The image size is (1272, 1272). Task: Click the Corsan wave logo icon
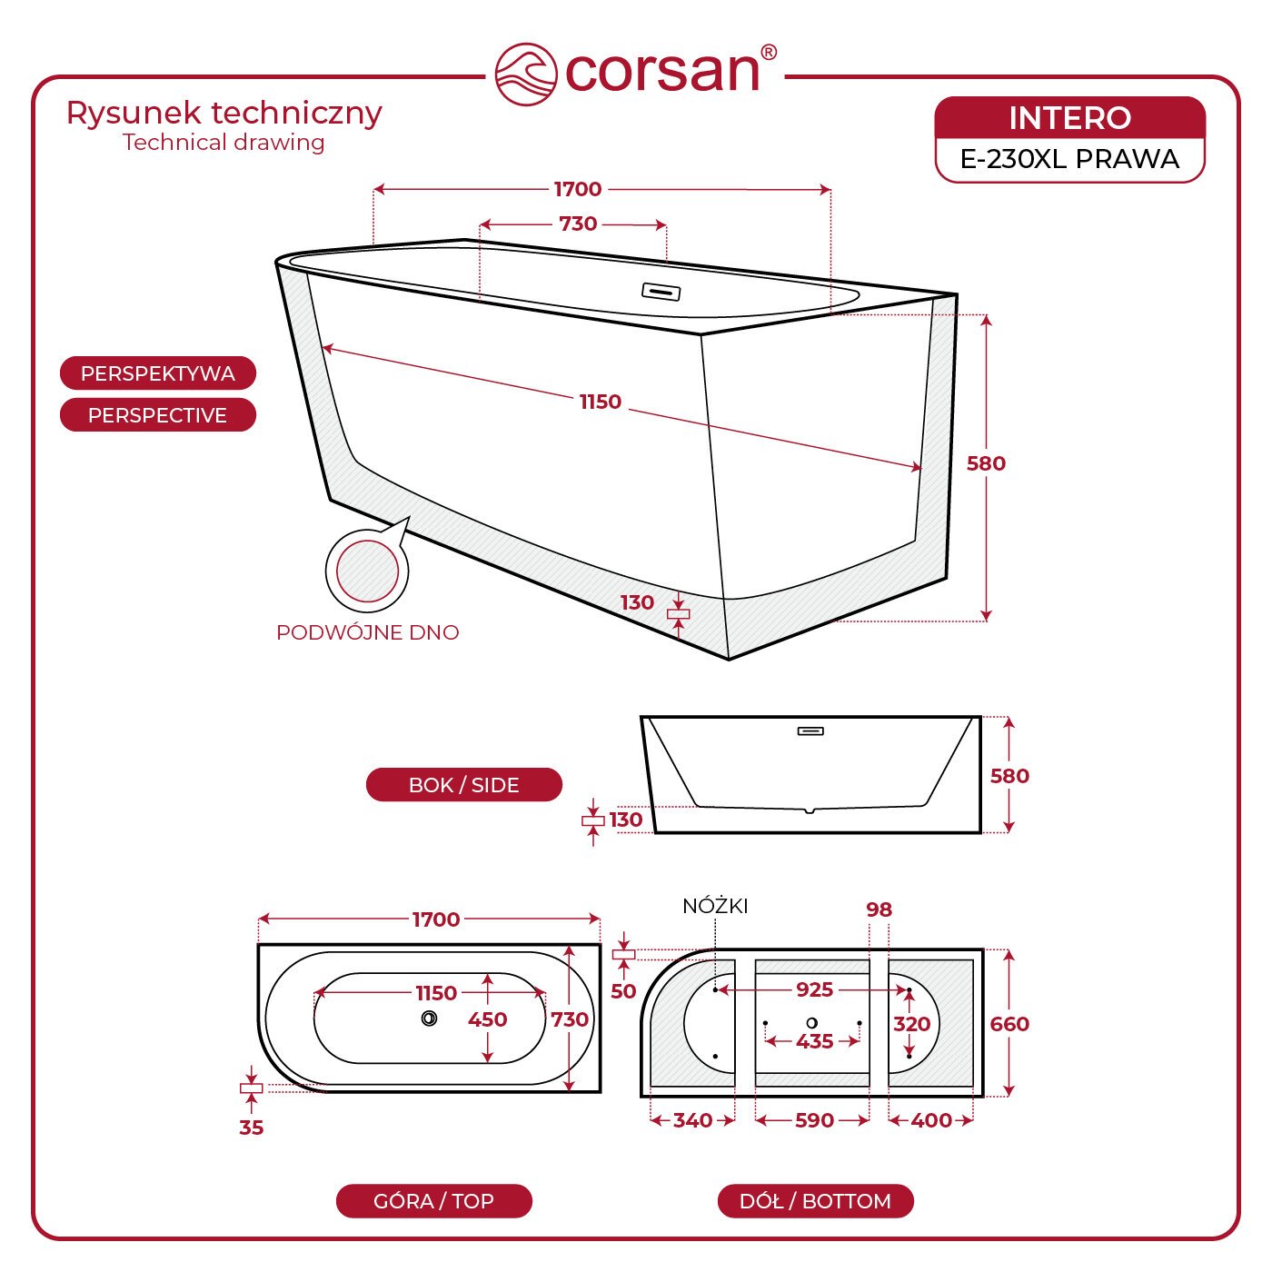pos(526,74)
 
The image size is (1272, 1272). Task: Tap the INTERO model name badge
pos(1069,118)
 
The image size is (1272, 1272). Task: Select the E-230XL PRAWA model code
pos(1069,159)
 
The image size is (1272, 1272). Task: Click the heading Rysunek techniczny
pos(224,113)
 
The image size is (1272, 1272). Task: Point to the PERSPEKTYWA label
pos(158,373)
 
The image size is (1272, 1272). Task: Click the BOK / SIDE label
pos(464,785)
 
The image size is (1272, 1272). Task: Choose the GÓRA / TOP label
pos(433,1201)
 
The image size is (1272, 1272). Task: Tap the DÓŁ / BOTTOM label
pos(815,1201)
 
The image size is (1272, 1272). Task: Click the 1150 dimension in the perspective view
pos(600,402)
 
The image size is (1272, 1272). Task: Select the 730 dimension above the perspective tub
pos(578,224)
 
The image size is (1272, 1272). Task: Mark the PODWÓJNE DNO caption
pos(368,632)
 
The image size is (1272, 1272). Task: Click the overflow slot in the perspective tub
pos(661,291)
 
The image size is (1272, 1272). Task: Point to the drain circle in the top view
pos(429,1018)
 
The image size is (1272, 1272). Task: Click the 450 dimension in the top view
pos(487,1019)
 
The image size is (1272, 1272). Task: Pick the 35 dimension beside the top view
pos(251,1128)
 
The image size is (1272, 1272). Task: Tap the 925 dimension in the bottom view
pos(815,989)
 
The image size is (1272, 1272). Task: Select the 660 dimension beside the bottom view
pos(1009,1024)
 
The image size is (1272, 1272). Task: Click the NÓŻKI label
pos(716,906)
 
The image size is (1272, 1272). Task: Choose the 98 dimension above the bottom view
pos(879,909)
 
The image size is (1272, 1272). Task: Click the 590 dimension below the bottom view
pos(815,1120)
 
